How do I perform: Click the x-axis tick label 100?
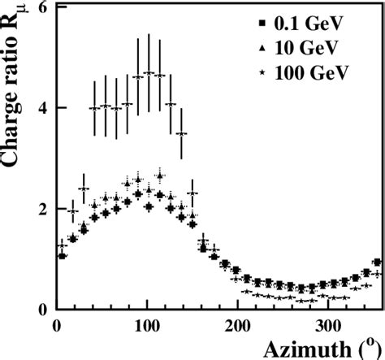(x=146, y=326)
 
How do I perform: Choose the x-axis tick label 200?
(x=236, y=326)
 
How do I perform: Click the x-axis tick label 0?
(x=56, y=326)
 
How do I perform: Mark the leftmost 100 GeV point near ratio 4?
(x=94, y=107)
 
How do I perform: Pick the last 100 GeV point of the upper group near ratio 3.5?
(x=181, y=133)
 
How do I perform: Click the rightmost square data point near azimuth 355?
(x=376, y=262)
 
